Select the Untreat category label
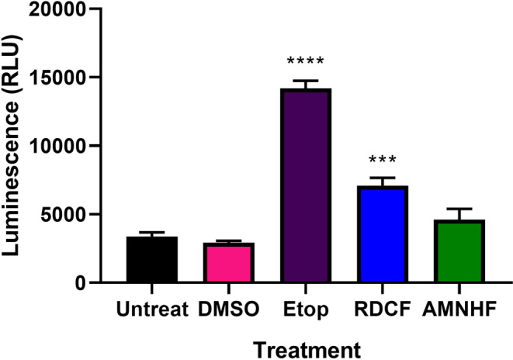pyautogui.click(x=152, y=311)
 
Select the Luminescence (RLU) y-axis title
pyautogui.click(x=17, y=144)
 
